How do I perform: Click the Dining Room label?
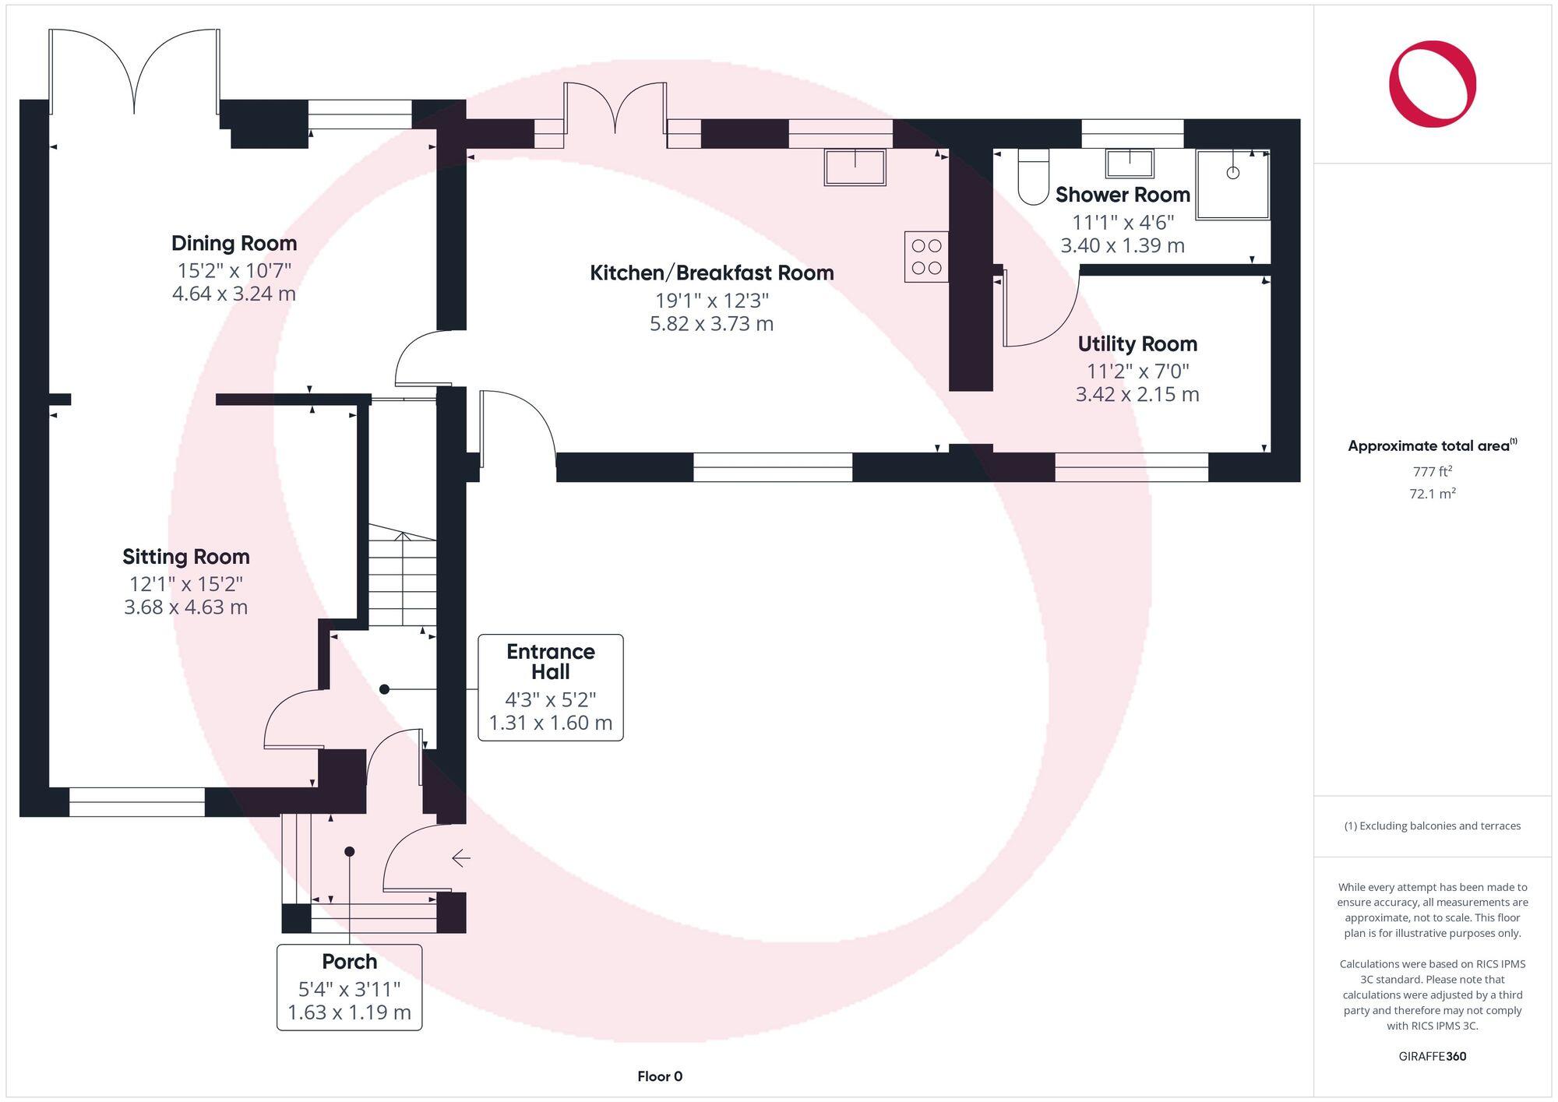tap(234, 244)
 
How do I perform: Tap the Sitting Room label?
tap(186, 557)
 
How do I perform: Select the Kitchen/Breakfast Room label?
tap(712, 273)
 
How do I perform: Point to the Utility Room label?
tap(1137, 344)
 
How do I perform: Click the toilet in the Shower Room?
tap(1034, 178)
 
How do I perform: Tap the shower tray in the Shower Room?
tap(1233, 185)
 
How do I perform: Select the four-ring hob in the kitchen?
tap(926, 256)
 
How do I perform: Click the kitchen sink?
tap(855, 167)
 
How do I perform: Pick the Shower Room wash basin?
tap(1130, 164)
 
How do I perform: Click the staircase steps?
tap(402, 576)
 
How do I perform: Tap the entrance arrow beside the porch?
tap(461, 858)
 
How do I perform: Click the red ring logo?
tap(1433, 83)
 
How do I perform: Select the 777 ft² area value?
tap(1433, 471)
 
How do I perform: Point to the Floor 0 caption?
tap(660, 1076)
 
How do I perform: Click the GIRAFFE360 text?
tap(1433, 1056)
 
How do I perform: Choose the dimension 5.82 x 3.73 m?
tap(712, 324)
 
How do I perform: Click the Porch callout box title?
tap(350, 962)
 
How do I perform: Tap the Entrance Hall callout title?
tap(551, 662)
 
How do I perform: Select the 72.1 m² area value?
tap(1433, 494)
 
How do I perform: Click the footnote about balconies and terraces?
tap(1433, 826)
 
